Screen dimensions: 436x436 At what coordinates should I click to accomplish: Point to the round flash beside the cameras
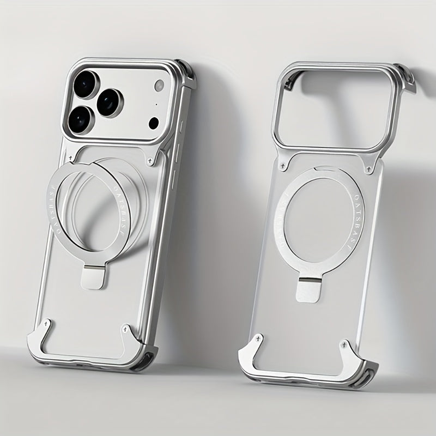(x=159, y=86)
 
